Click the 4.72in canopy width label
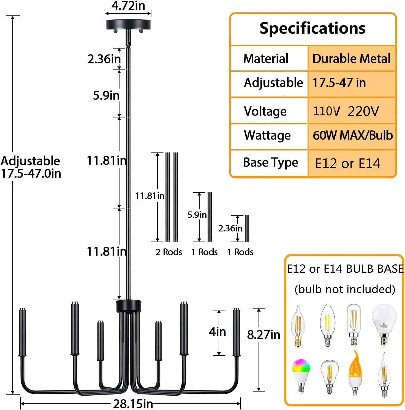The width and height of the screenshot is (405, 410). (x=128, y=6)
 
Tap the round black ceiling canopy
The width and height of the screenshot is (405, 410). (x=128, y=24)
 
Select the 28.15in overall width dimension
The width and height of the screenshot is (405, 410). (x=133, y=404)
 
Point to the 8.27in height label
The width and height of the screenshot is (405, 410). (x=263, y=335)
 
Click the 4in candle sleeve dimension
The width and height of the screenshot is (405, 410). (x=217, y=331)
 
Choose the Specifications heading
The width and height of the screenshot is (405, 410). (x=312, y=28)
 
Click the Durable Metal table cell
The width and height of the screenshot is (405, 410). (x=351, y=58)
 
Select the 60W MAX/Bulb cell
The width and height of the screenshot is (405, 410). (x=352, y=135)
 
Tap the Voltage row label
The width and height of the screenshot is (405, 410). (x=265, y=111)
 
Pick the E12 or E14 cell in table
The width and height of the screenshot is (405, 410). (x=347, y=163)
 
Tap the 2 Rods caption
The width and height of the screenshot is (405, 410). (x=169, y=252)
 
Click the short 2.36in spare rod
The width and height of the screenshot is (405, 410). (x=247, y=228)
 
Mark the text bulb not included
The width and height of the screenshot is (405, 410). (x=345, y=289)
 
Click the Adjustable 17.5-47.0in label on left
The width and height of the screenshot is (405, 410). (x=31, y=167)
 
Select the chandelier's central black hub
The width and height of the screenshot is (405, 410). (x=129, y=306)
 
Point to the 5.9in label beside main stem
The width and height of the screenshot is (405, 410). (x=106, y=95)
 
